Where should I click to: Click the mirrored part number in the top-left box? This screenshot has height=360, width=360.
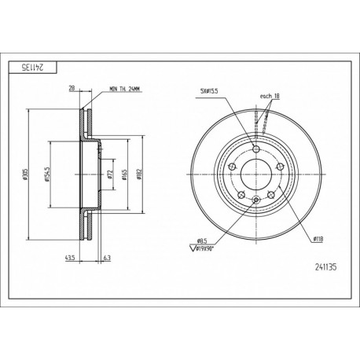point(33,68)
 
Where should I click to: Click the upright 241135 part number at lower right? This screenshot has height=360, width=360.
point(325,267)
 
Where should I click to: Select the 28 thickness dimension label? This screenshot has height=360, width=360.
point(72,88)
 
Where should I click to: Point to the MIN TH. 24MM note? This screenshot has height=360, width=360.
point(126,90)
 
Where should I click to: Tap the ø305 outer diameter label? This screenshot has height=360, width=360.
point(25,174)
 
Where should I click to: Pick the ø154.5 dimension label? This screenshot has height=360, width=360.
point(47,174)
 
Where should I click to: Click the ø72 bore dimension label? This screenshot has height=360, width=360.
point(110,174)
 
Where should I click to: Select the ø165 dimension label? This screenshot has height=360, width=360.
point(124,174)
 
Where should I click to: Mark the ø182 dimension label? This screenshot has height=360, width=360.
point(139,174)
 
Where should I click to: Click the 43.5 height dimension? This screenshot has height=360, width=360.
point(70,258)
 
